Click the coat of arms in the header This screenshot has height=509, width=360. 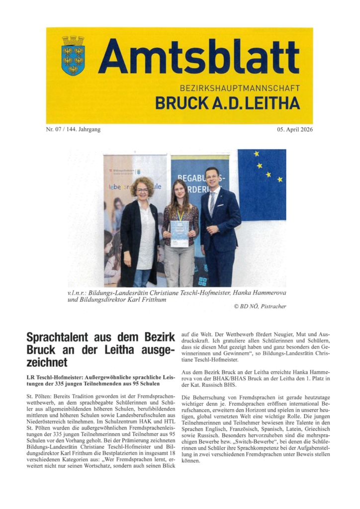click(x=73, y=55)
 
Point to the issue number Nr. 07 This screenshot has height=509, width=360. click(x=56, y=130)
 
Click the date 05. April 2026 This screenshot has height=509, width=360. click(x=295, y=130)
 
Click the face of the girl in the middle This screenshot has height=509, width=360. click(x=179, y=191)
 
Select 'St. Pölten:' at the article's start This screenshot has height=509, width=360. click(x=39, y=394)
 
